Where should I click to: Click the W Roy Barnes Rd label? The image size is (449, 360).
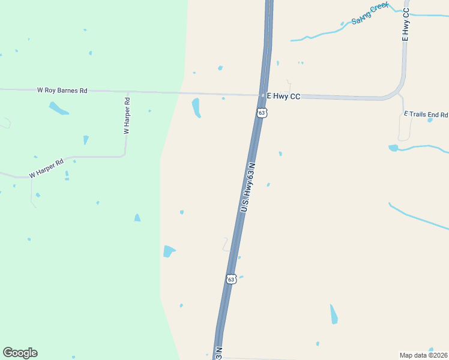[x=62, y=91]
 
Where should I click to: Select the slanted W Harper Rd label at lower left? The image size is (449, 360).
[x=46, y=169]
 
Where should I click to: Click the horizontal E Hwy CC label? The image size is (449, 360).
[x=283, y=97]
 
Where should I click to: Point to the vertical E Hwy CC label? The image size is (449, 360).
[x=406, y=25]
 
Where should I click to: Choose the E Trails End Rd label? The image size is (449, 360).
[x=426, y=114]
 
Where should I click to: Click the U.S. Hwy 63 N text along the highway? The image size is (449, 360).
[x=248, y=186]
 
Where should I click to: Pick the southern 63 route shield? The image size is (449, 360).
[x=232, y=278]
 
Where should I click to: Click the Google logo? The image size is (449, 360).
[x=20, y=353]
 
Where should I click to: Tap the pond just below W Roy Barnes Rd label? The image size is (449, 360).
[x=58, y=109]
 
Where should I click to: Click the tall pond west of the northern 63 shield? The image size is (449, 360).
[x=196, y=107]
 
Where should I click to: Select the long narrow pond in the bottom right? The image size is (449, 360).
[x=334, y=314]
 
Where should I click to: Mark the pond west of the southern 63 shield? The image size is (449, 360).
[x=169, y=251]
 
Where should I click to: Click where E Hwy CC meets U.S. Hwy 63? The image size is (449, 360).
[x=262, y=95]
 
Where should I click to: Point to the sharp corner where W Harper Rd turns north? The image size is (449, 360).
[x=124, y=155]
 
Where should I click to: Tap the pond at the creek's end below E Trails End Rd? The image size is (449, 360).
[x=393, y=148]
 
